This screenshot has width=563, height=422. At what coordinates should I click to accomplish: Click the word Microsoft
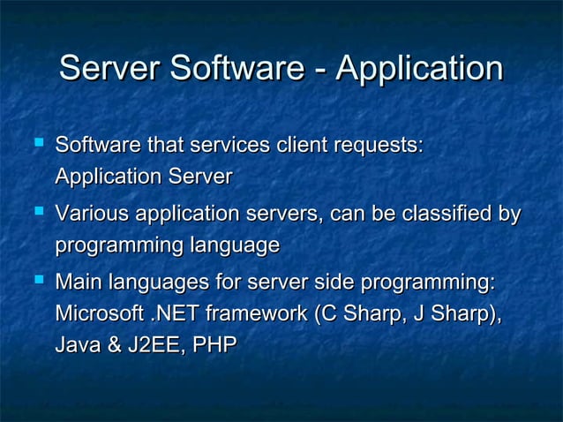tap(97, 313)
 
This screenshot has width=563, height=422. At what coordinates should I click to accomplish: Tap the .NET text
tap(174, 313)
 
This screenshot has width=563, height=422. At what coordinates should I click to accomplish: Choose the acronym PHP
tap(214, 344)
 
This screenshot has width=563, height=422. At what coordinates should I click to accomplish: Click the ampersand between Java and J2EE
tap(112, 344)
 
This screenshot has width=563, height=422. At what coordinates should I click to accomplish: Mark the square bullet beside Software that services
tap(37, 141)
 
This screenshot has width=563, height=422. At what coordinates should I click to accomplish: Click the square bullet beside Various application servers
tap(37, 212)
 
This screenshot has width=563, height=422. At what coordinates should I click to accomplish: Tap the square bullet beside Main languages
tap(37, 282)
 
